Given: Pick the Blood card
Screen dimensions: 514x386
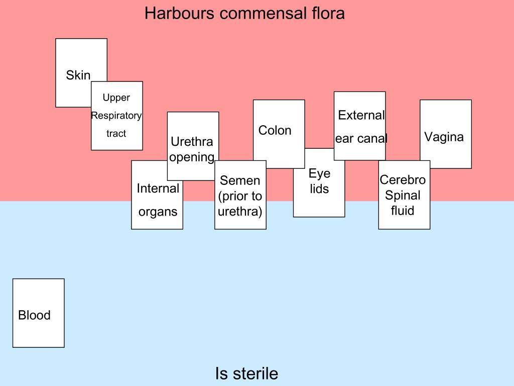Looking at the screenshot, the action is (x=35, y=315).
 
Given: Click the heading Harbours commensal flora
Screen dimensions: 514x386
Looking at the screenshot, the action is (x=244, y=13).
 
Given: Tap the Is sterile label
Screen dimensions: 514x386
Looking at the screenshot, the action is (x=246, y=373).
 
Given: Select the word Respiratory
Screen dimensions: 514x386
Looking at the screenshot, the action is (x=116, y=116).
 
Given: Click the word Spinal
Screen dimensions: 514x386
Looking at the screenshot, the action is (x=403, y=196).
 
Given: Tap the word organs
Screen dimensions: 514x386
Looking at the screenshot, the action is (x=158, y=212).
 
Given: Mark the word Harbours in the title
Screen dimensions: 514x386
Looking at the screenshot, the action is (x=179, y=13).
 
